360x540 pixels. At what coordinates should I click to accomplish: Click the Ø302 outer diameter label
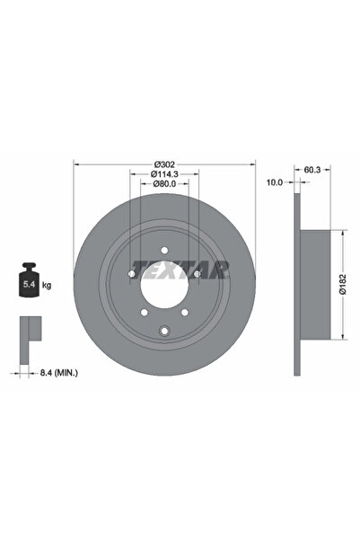(164, 163)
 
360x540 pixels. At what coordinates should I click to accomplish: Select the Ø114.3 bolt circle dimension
(164, 173)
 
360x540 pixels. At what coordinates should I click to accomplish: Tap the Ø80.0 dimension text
(164, 184)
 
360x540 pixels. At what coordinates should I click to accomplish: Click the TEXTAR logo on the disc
(180, 269)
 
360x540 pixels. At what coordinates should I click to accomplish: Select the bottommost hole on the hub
(164, 333)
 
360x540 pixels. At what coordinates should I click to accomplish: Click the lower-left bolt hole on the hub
(144, 312)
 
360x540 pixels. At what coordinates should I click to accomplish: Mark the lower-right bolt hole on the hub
(185, 312)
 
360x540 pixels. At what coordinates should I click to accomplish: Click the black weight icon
(29, 283)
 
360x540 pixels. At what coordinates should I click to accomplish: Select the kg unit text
(47, 285)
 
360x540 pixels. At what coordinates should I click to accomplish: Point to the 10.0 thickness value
(275, 181)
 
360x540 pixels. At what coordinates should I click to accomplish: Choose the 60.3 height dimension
(312, 167)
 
